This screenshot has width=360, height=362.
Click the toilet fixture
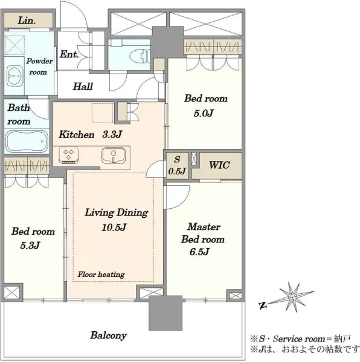(140, 56)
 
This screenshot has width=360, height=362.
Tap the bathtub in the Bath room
(27, 141)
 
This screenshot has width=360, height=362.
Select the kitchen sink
(114, 156)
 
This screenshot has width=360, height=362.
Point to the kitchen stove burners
(68, 154)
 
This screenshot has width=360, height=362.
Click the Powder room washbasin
(14, 76)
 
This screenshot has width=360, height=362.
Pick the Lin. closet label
(27, 21)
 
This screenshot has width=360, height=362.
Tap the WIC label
(219, 165)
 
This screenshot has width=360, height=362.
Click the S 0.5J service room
(177, 165)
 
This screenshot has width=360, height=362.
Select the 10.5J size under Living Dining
(114, 227)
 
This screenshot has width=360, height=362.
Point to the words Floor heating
(101, 275)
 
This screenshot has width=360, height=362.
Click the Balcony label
(108, 335)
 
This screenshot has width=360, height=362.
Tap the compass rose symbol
(292, 297)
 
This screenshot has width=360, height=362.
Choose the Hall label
(83, 86)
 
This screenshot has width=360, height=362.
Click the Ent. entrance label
(69, 54)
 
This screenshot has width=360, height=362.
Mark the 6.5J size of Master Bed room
(199, 252)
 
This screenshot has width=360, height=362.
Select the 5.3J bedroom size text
(30, 245)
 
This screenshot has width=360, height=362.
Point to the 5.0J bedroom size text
(204, 113)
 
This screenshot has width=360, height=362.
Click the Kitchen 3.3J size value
(112, 134)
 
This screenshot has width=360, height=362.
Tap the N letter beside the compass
(263, 306)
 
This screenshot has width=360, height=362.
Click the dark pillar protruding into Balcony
(166, 313)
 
